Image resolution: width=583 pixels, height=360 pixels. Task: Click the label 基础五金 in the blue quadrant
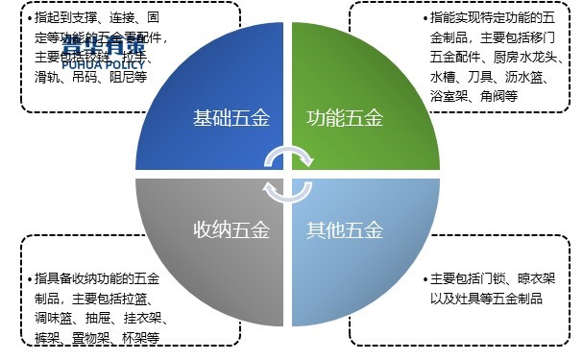(x=231, y=120)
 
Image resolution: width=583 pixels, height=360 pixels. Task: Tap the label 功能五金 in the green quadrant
(x=344, y=120)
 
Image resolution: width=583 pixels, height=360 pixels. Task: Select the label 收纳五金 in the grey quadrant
(x=231, y=230)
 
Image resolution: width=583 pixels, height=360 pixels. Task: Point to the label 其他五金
(x=344, y=230)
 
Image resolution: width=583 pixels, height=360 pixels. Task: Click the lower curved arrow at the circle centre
(x=288, y=192)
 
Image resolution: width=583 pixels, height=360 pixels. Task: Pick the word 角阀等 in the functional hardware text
(x=499, y=96)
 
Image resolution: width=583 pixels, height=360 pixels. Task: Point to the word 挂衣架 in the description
(x=145, y=320)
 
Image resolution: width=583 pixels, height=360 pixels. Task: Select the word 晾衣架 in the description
(x=551, y=278)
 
